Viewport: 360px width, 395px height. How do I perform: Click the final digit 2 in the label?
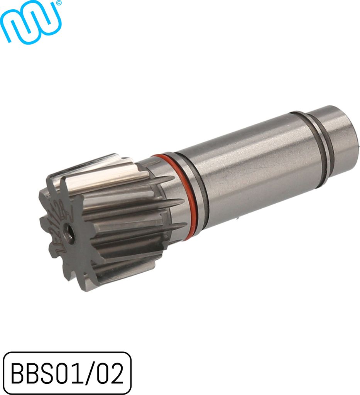(117, 373)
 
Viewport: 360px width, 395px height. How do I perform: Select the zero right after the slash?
(103, 373)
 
